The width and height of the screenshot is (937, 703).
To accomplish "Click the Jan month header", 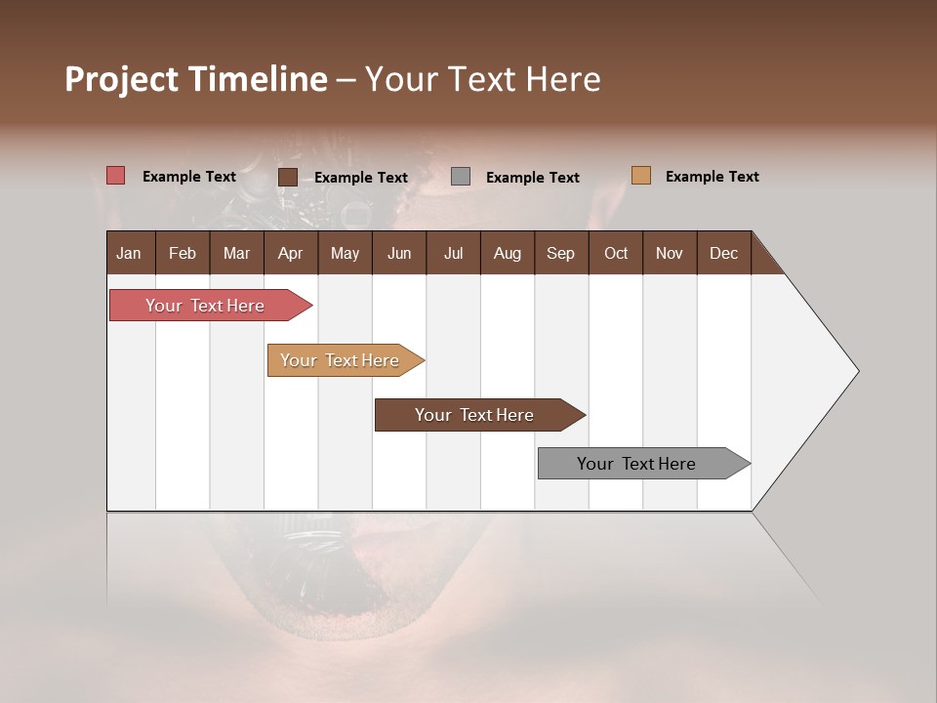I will [x=130, y=253].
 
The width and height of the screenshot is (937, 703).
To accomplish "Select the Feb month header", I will [x=183, y=253].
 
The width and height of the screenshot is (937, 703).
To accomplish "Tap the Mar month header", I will [x=236, y=253].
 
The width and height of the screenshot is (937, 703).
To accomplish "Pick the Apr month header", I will [x=291, y=253].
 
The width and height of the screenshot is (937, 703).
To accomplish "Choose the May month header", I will [x=345, y=253].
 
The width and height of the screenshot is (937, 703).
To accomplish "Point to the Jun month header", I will [x=399, y=253].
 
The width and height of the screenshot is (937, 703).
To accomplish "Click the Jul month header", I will [x=453, y=253].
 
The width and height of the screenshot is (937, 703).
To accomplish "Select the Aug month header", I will [x=508, y=253].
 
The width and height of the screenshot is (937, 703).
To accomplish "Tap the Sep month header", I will [x=561, y=253].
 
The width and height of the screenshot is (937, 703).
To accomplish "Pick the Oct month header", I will [x=616, y=253].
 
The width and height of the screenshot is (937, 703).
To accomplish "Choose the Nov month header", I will [x=670, y=253].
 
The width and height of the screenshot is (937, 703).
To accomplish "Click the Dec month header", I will [x=724, y=253].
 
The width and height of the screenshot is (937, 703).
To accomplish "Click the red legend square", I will [x=115, y=176].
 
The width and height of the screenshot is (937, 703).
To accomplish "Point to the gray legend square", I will [x=461, y=176].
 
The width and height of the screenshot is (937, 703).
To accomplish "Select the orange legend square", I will [x=640, y=176].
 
